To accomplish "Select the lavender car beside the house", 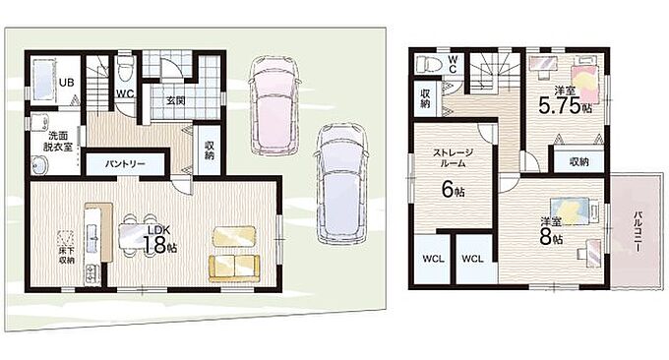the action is point(341,183).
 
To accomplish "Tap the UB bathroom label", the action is point(66,83).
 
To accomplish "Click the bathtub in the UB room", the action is point(43,81).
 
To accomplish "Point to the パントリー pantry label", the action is point(126,164).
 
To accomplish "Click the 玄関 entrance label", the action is point(175,101).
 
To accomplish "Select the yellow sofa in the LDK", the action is point(234,269).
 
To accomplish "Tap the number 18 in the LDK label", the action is point(153,245).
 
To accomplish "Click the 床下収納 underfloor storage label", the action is point(67,255).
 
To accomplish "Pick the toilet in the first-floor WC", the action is point(124,70).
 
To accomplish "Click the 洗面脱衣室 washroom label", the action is point(58,142).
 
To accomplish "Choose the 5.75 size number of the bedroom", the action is point(559,105).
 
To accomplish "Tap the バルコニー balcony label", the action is point(638,232).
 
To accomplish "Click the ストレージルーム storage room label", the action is point(453,157).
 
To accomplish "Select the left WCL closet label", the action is point(433,259).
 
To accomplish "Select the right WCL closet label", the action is point(472,259).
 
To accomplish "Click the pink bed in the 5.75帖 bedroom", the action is point(587,80).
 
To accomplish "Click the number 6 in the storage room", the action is point(447,190).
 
